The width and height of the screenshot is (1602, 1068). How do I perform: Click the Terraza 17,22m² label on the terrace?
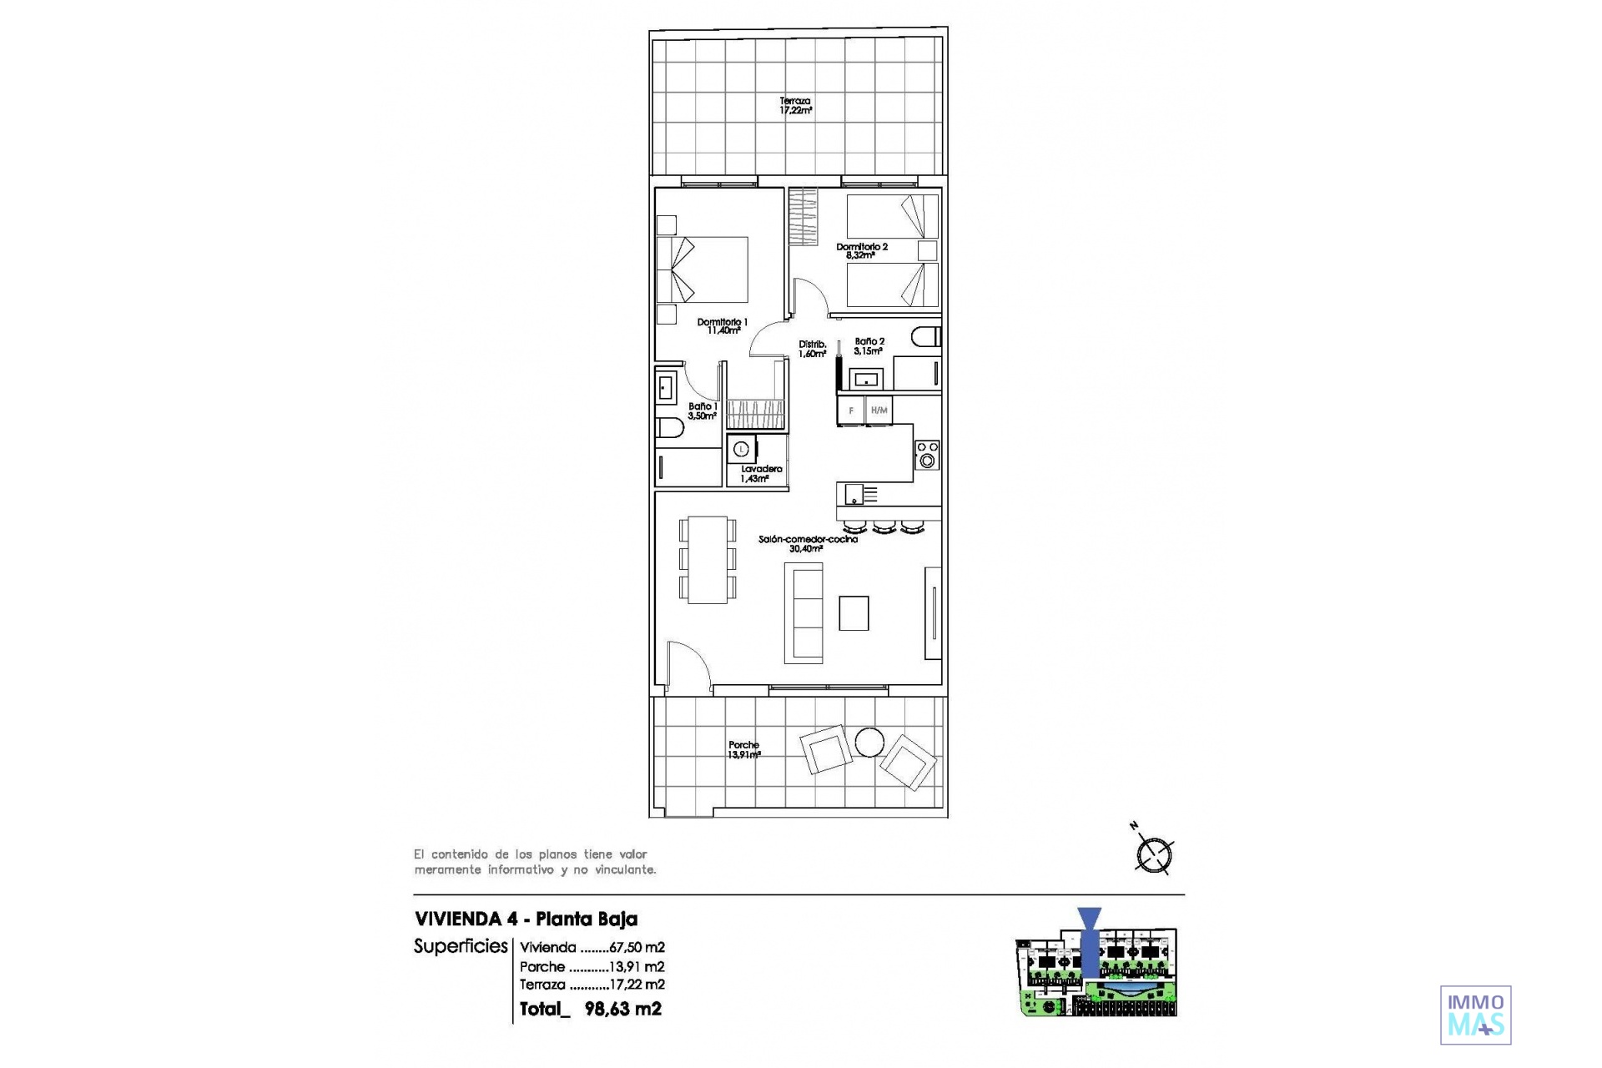coord(795,105)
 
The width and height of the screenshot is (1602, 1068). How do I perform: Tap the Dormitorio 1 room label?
coord(723,326)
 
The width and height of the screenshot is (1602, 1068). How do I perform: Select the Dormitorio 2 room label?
coord(862,251)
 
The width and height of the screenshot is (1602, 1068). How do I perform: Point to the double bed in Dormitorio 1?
coord(702,270)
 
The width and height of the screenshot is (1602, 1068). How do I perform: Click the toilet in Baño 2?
coord(926,337)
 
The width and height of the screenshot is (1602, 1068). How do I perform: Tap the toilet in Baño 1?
coord(670,429)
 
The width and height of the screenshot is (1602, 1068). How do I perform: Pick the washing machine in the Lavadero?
coord(741,449)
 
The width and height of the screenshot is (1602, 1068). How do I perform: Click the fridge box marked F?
coord(851,411)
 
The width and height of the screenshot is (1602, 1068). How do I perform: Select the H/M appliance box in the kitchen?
coord(879,411)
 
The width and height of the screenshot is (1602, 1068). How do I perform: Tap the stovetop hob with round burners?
coord(927,455)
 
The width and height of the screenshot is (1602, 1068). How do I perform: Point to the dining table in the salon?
coord(708,560)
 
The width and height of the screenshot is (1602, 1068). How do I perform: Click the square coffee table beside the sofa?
coord(854,613)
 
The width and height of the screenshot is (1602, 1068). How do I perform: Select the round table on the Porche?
coord(869,743)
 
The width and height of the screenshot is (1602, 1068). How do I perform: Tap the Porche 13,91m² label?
coord(744,750)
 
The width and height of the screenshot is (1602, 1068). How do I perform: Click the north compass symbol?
coord(1154,854)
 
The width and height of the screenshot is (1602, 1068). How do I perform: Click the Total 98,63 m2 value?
coord(591,1009)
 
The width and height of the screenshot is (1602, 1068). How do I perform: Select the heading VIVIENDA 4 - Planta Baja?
coord(526,919)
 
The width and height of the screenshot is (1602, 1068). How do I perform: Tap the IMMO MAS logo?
coord(1476,1015)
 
